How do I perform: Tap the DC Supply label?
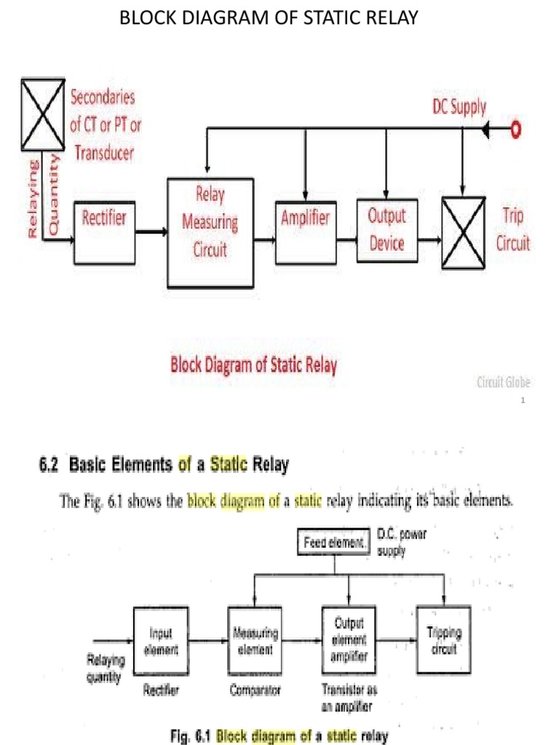[456, 107]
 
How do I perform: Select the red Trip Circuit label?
[512, 229]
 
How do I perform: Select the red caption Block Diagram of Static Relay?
[253, 364]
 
